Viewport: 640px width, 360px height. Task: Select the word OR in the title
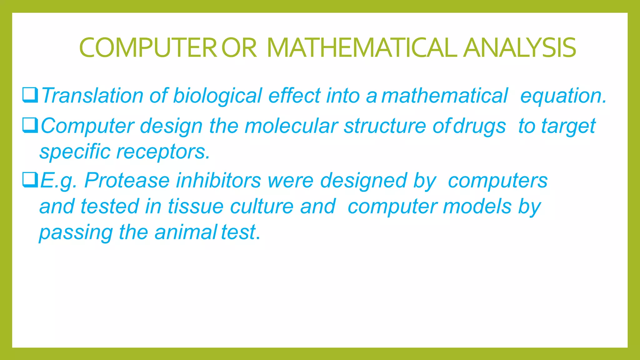click(239, 48)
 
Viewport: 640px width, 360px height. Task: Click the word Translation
click(92, 95)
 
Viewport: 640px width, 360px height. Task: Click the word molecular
click(291, 126)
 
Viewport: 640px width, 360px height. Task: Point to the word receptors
click(163, 152)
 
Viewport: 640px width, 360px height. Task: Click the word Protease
click(127, 180)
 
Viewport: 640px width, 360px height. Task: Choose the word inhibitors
click(218, 180)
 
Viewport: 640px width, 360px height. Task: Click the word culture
click(262, 207)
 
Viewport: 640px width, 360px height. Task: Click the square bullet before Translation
click(30, 95)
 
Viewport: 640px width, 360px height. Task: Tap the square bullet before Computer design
click(30, 125)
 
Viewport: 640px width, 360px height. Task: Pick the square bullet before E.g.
click(30, 180)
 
